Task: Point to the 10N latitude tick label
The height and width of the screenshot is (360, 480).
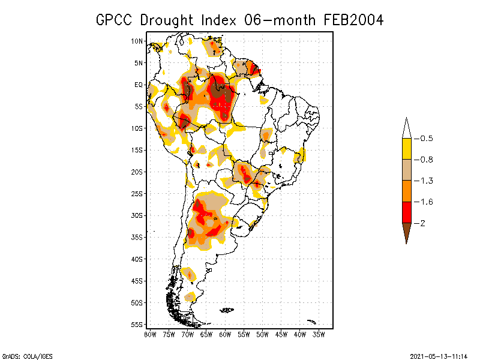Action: click(x=137, y=41)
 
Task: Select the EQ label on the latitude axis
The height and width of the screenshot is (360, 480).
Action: click(x=139, y=85)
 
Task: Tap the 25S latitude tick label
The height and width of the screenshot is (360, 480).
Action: click(x=137, y=193)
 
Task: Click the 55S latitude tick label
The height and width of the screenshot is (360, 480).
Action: click(x=137, y=324)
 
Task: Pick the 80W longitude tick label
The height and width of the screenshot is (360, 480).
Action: click(x=150, y=334)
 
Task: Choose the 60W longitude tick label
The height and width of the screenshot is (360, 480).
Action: click(x=225, y=334)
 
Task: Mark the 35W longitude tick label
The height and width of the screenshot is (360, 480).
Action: click(x=319, y=334)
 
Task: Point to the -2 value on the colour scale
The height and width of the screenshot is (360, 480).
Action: click(x=421, y=223)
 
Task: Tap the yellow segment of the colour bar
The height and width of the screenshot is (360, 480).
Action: click(x=406, y=149)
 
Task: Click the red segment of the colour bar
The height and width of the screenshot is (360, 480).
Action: click(x=406, y=212)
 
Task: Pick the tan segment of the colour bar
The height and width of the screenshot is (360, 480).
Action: click(x=406, y=170)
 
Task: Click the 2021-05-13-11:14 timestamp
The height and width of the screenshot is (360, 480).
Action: click(x=438, y=355)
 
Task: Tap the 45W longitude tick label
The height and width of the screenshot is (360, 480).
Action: click(x=281, y=334)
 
